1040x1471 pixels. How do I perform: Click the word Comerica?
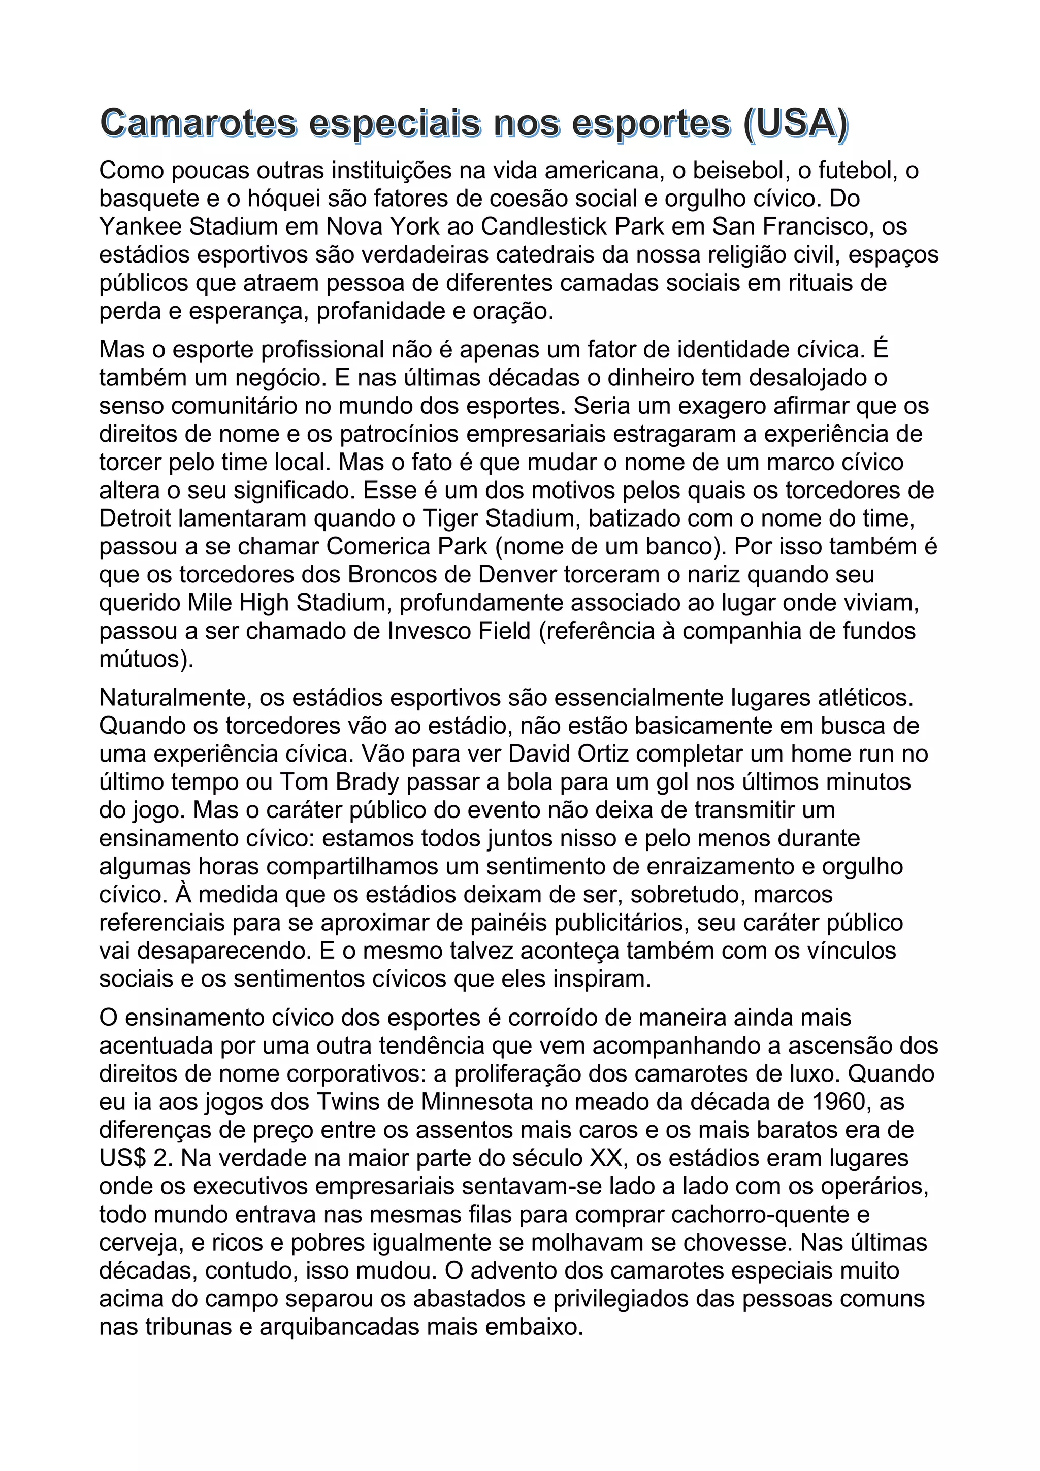(x=379, y=546)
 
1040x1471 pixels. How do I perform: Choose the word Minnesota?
(x=477, y=1102)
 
